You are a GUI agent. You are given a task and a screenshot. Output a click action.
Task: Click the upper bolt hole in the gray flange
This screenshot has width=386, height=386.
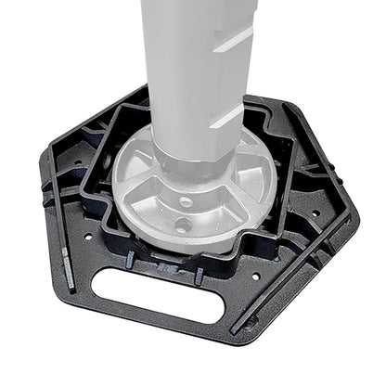point(187,200)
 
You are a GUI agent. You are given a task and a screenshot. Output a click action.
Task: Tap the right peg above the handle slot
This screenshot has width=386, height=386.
point(199,275)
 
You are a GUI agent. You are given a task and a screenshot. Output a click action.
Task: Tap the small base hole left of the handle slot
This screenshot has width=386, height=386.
point(89,236)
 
